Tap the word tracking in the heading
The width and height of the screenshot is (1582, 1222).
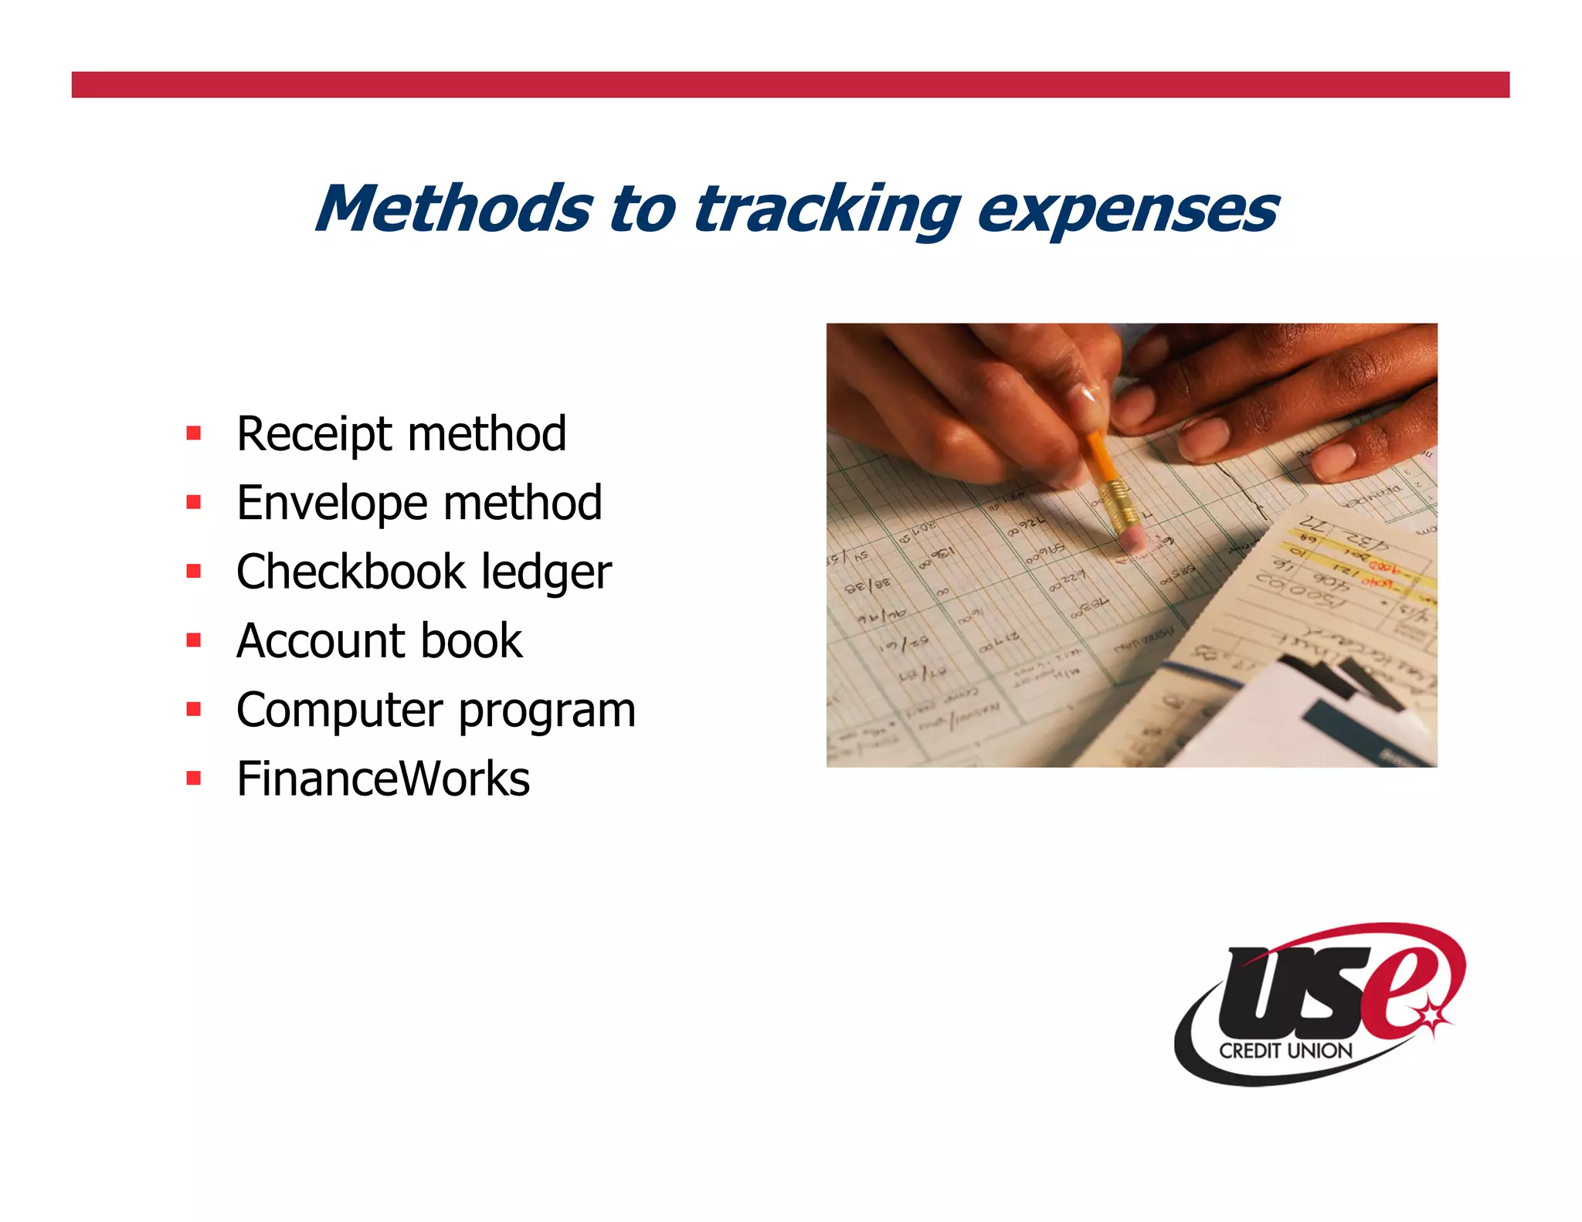pos(827,211)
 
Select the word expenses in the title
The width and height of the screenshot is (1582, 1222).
pos(1127,211)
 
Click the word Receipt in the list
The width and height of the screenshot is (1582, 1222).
pos(315,434)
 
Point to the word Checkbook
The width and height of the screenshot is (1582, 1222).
pos(350,572)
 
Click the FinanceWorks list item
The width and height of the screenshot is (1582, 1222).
pos(383,779)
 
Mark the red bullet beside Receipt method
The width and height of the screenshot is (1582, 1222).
pos(194,433)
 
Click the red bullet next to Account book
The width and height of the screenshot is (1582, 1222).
pos(194,640)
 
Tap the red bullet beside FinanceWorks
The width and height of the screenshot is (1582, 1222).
pos(194,778)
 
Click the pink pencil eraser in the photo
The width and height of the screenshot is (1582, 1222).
pos(1132,540)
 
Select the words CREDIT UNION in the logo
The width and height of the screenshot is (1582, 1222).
pos(1285,1051)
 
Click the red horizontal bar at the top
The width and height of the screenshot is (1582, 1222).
pos(790,85)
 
